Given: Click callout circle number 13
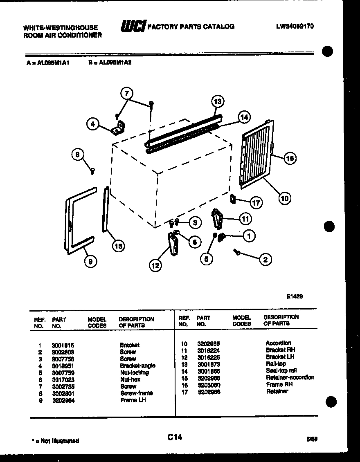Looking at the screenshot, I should point(218,101).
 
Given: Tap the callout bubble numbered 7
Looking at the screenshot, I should point(127,93).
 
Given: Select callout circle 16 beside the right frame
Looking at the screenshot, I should point(290,158).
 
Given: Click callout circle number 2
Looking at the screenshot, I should point(265,259).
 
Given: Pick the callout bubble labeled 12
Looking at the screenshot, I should point(155,266).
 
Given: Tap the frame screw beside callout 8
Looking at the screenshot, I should point(92,171).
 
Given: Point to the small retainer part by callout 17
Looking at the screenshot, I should point(233,199).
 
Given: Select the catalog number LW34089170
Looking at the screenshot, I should point(295,26).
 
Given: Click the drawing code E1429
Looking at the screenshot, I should point(295,296).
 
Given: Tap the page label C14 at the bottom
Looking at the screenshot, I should point(174,437).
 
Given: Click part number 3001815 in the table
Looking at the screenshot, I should point(63,345).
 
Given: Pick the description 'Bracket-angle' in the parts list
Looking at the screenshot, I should point(137,366).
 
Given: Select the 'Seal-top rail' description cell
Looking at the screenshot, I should point(281,370).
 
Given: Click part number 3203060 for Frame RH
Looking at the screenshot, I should point(208,384).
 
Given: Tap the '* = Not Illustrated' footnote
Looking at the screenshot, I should point(55,441).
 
